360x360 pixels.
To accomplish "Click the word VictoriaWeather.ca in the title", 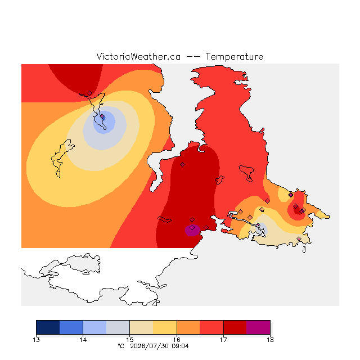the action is click(138, 56).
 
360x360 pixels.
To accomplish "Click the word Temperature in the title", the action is click(234, 56).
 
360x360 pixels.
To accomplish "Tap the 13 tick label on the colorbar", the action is click(36, 340).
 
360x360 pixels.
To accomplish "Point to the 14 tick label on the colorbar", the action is click(83, 340).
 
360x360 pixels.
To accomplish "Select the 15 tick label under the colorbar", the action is click(130, 340).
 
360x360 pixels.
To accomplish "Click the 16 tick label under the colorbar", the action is click(177, 340).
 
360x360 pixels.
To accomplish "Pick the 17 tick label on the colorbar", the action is click(223, 340).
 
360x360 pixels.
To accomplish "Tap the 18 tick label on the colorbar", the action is click(270, 340).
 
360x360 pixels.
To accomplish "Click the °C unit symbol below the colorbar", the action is click(121, 346).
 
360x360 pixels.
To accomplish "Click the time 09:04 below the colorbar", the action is click(180, 346).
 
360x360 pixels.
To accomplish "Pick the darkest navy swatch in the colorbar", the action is click(48, 327).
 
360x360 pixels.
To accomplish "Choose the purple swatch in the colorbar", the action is click(258, 327).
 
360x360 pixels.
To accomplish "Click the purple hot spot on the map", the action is click(192, 230).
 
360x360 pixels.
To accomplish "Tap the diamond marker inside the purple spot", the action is click(192, 227).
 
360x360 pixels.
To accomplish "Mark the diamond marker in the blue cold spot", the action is click(102, 116).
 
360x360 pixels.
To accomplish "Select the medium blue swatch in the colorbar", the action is click(71, 327).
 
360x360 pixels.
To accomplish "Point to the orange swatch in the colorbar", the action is click(188, 327).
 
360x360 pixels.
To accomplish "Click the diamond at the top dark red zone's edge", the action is click(90, 93).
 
